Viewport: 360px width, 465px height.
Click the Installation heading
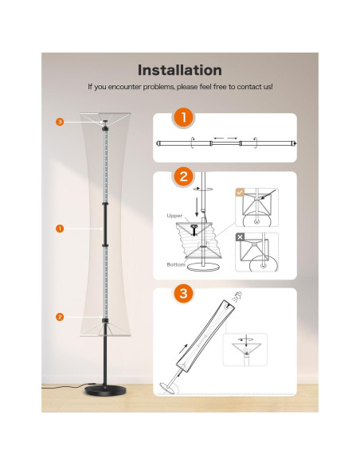[180, 70]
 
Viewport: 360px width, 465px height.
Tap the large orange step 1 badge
[183, 117]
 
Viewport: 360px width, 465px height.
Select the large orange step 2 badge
[183, 177]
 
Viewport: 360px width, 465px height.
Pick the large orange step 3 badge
[183, 293]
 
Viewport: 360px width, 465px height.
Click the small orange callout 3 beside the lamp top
[60, 122]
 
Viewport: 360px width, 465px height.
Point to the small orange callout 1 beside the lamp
[60, 229]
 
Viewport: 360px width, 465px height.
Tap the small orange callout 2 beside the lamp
[60, 317]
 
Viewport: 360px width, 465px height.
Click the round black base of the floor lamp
[105, 391]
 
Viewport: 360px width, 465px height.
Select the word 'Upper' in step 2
[174, 216]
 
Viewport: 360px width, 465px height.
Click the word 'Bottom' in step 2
[176, 264]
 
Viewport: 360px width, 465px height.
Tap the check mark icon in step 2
[240, 192]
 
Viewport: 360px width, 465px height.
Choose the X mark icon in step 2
[240, 237]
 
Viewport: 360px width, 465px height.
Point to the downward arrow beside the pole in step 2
[196, 207]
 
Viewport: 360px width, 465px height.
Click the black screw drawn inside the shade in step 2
[194, 230]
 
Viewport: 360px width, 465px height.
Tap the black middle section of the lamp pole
[105, 225]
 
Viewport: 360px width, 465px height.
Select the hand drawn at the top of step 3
[237, 296]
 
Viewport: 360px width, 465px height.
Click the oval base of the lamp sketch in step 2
[203, 268]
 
